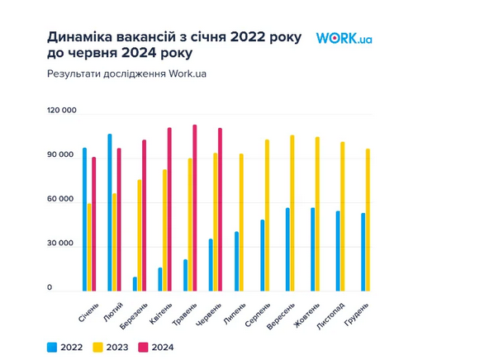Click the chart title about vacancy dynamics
(175, 46)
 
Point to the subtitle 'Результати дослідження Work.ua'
(127, 74)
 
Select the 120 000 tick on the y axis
(61, 111)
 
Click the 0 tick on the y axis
(50, 288)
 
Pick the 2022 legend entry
(65, 348)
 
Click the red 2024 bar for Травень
(195, 207)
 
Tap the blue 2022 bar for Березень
(135, 283)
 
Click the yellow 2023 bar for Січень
(89, 247)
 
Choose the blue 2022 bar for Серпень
(262, 254)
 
